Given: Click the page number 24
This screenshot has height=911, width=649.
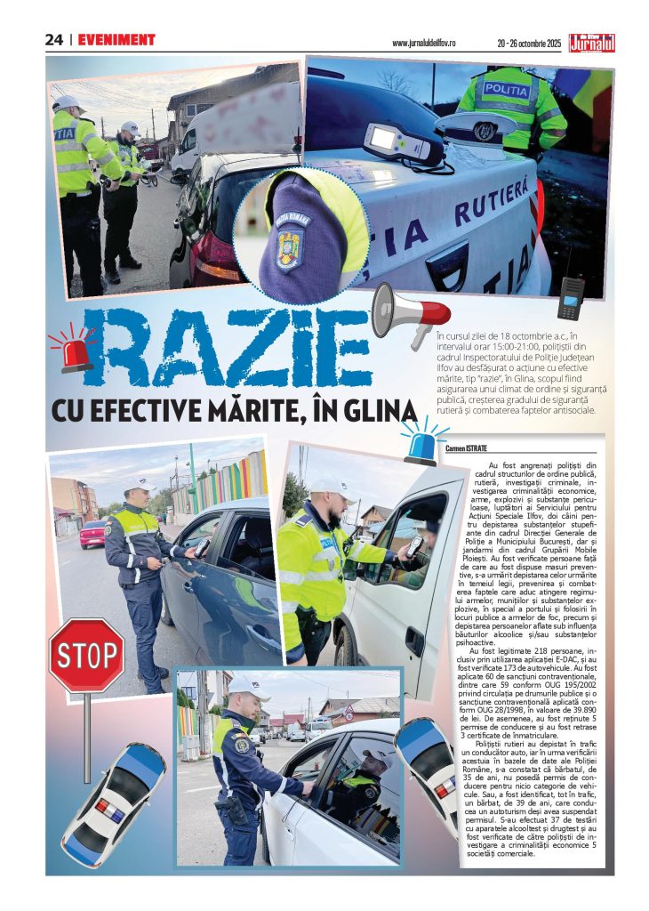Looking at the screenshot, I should (x=54, y=40).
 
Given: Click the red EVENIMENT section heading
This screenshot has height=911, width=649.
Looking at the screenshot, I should (x=116, y=40).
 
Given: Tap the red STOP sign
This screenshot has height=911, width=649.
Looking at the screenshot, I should (x=86, y=657).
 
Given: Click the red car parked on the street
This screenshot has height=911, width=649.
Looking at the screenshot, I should (x=92, y=534).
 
